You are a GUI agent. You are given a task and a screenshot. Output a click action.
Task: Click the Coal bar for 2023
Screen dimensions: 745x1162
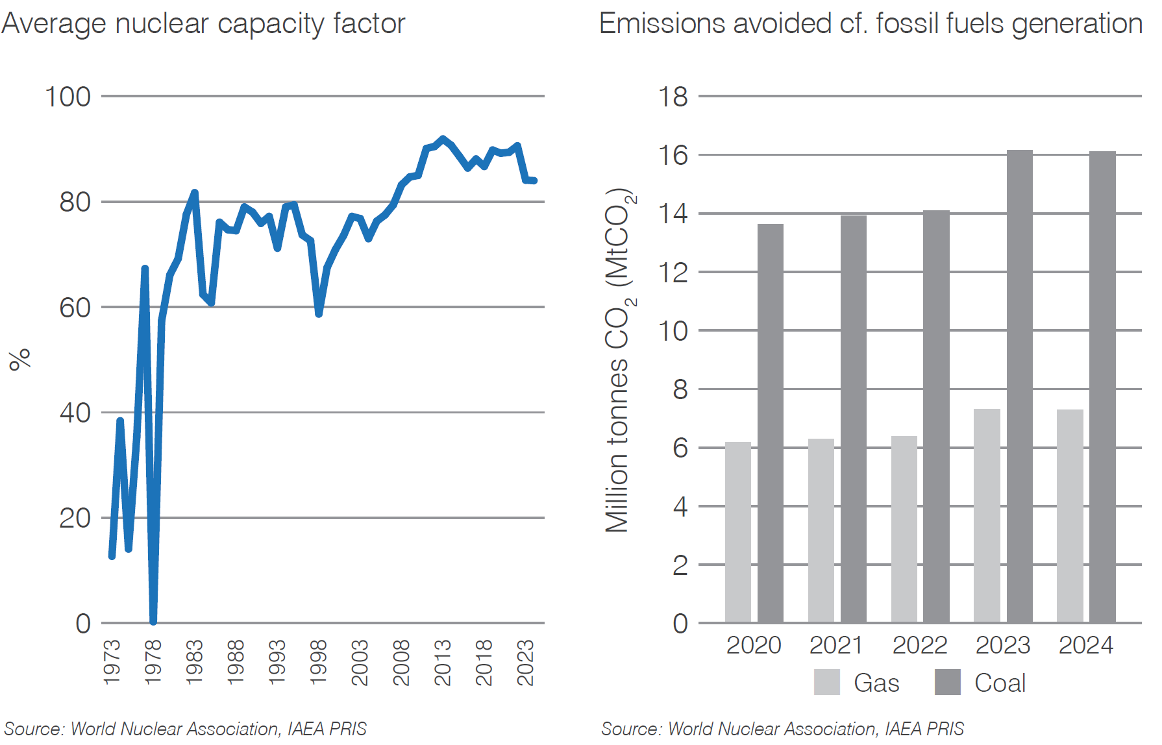click(1019, 387)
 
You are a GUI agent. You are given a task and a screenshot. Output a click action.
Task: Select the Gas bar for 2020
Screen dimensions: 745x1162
click(737, 532)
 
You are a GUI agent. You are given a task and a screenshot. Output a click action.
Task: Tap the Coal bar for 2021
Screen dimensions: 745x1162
click(853, 419)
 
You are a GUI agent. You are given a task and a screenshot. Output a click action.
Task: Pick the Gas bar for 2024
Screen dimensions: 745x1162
click(1070, 516)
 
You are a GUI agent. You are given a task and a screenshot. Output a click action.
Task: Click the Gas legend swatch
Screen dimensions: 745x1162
click(826, 682)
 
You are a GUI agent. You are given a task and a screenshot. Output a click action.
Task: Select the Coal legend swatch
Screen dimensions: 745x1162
click(947, 682)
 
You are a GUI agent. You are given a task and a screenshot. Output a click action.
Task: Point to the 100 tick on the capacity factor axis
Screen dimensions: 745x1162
click(68, 97)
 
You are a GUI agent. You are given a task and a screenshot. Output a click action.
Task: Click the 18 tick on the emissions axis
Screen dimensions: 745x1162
click(673, 97)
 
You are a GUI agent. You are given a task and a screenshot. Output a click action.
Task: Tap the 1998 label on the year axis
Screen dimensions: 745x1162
click(318, 662)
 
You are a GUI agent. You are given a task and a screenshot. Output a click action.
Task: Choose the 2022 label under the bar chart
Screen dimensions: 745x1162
click(919, 645)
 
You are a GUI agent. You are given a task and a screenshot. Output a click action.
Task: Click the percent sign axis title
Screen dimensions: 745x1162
click(19, 359)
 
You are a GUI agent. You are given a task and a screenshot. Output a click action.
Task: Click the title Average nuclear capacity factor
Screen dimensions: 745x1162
click(203, 24)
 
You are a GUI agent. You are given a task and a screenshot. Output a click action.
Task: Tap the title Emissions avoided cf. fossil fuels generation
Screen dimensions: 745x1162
click(870, 24)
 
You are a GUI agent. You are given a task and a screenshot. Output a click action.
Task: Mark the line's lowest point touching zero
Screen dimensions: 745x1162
click(153, 621)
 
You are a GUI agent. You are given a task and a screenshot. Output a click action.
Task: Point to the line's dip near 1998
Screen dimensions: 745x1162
click(319, 313)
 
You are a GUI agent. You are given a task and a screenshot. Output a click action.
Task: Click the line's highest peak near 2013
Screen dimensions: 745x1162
click(443, 139)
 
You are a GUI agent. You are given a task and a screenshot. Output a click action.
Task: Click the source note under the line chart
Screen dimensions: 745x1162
click(186, 729)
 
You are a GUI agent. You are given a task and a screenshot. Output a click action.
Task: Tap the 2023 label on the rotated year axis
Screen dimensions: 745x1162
click(525, 662)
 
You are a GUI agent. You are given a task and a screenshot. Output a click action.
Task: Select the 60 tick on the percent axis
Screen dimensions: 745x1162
click(75, 308)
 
